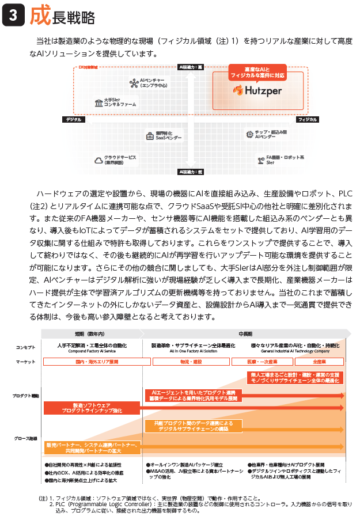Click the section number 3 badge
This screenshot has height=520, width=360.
[13, 17]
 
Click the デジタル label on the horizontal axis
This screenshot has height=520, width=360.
[74, 119]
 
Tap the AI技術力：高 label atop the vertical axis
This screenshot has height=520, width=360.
[191, 67]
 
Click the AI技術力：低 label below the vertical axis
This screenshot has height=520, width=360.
[191, 172]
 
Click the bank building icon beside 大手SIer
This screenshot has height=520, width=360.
[99, 103]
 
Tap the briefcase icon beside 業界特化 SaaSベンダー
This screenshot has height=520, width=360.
[149, 136]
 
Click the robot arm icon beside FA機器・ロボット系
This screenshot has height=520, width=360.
[259, 160]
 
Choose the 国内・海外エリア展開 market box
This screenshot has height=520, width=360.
[96, 362]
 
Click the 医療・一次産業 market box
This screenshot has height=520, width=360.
[262, 362]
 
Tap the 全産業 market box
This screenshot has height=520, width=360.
[319, 362]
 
